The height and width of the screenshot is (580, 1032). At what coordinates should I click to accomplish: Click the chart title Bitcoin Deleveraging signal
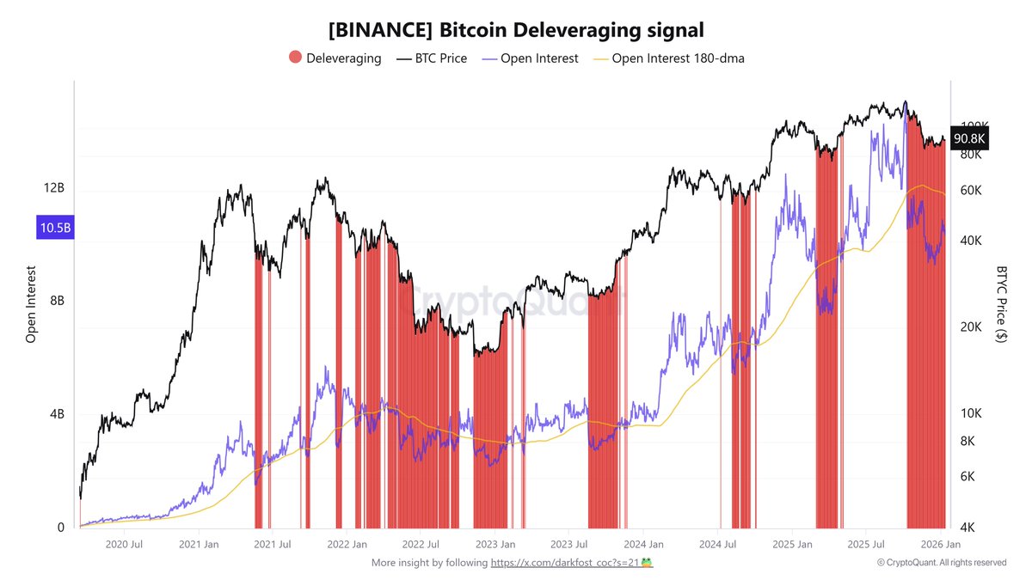click(516, 30)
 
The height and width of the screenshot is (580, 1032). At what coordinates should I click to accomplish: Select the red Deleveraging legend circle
click(295, 58)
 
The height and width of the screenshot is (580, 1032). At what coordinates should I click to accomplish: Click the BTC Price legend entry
click(431, 58)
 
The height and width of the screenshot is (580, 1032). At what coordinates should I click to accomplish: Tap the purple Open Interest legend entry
click(530, 58)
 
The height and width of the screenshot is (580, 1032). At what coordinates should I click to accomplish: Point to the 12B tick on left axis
click(54, 188)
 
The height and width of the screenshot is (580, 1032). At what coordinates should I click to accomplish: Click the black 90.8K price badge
click(969, 138)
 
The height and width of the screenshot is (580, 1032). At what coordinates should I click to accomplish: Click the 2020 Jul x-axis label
click(123, 545)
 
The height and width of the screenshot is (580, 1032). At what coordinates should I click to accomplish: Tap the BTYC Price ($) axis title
click(1001, 303)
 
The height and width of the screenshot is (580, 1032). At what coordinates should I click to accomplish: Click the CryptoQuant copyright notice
click(941, 563)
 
